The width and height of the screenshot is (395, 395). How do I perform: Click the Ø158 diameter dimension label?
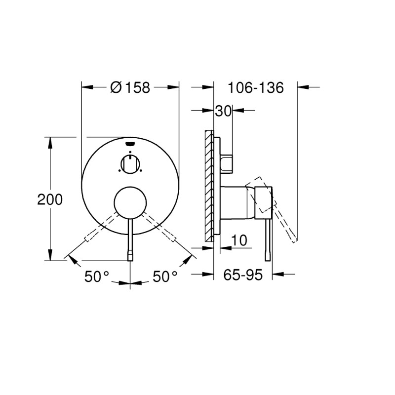pyautogui.click(x=130, y=88)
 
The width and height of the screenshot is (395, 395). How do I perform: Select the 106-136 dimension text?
pyautogui.click(x=255, y=88)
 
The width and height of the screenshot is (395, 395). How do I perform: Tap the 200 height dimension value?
pyautogui.click(x=50, y=199)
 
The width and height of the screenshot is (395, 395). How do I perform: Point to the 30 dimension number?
pyautogui.click(x=223, y=112)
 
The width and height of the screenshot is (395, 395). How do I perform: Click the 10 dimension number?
pyautogui.click(x=239, y=240)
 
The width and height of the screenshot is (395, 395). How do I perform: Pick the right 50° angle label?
pyautogui.click(x=164, y=276)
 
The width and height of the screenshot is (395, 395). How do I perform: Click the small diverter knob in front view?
pyautogui.click(x=130, y=163)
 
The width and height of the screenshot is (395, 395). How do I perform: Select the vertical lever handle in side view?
pyautogui.click(x=268, y=237)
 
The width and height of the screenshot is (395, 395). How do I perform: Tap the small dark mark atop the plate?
pyautogui.click(x=130, y=144)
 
